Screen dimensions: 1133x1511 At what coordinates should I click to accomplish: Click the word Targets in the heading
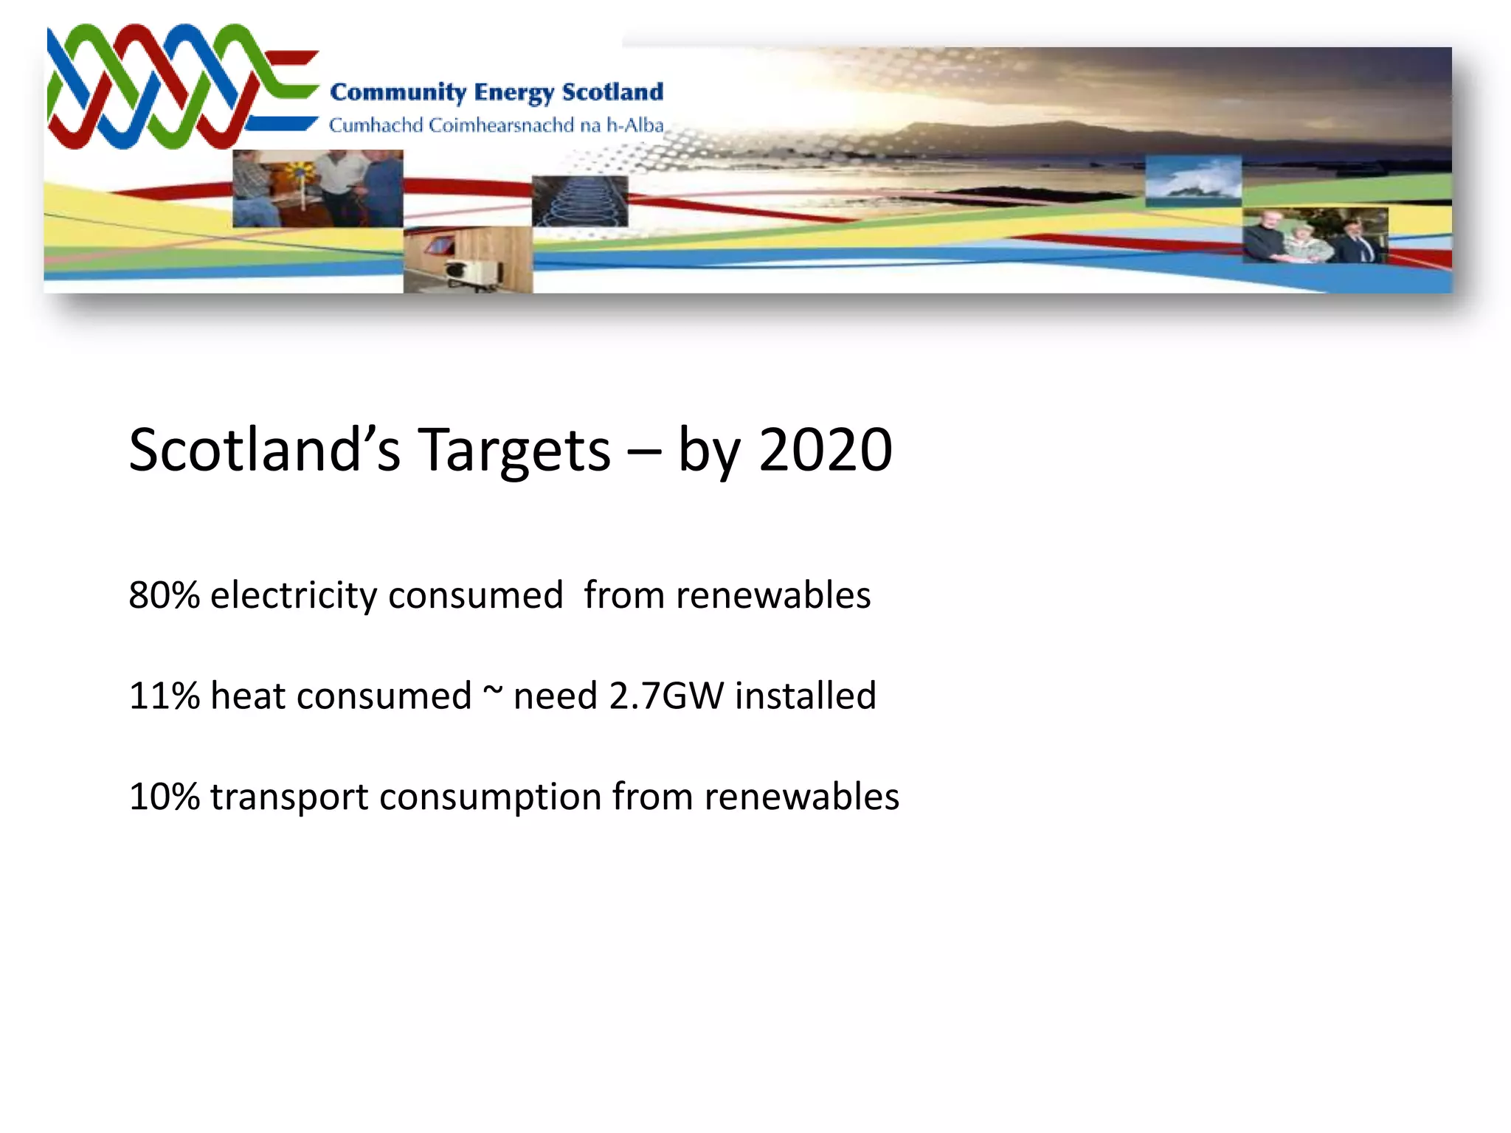point(514,450)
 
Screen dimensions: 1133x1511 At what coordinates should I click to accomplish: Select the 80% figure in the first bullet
point(164,595)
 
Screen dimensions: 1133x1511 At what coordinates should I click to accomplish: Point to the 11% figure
point(164,696)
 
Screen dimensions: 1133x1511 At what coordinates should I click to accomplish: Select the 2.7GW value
point(666,696)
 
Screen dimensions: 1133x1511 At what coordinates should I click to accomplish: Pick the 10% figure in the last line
point(164,797)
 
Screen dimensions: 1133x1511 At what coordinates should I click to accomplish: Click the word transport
point(288,797)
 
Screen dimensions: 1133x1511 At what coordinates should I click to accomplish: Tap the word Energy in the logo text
point(514,93)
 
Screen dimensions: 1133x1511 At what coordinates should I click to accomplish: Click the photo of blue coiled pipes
point(579,201)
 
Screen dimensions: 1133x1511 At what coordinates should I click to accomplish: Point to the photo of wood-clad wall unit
point(468,260)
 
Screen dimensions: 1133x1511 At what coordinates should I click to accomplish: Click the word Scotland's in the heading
point(265,450)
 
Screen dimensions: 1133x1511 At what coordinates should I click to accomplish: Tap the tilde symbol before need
point(492,690)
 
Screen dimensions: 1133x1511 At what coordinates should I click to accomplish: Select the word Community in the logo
point(398,92)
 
